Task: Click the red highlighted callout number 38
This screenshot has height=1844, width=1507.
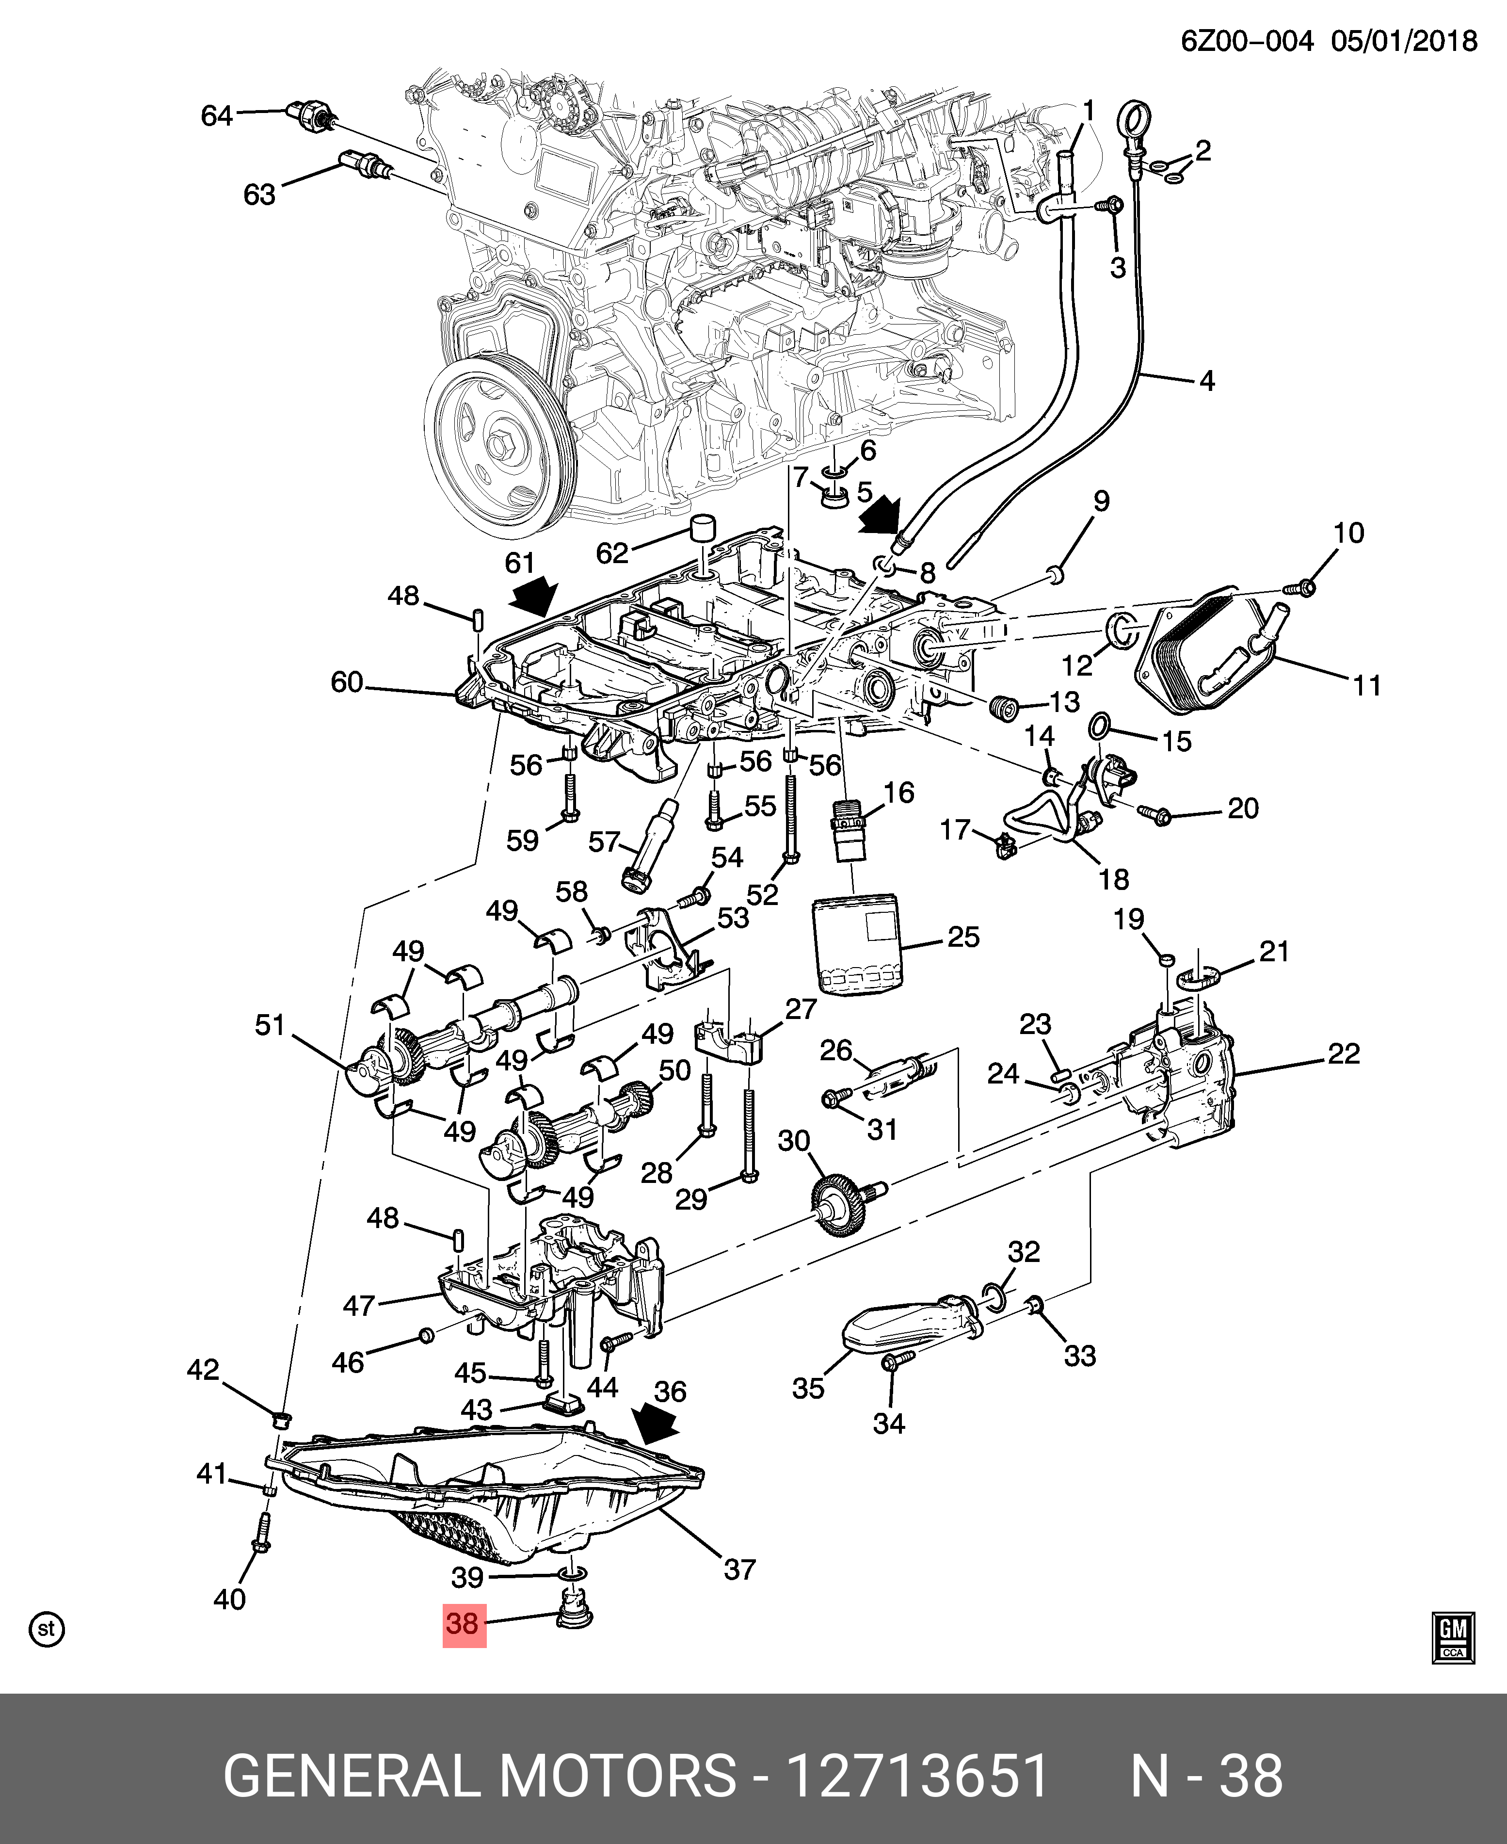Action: (464, 1623)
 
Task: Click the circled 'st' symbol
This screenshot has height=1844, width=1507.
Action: (47, 1629)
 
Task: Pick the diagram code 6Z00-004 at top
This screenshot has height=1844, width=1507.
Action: (1247, 41)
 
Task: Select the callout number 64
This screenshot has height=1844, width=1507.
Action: (217, 115)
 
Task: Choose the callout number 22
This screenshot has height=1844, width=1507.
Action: (1343, 1054)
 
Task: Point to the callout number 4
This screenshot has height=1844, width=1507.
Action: (1207, 380)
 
